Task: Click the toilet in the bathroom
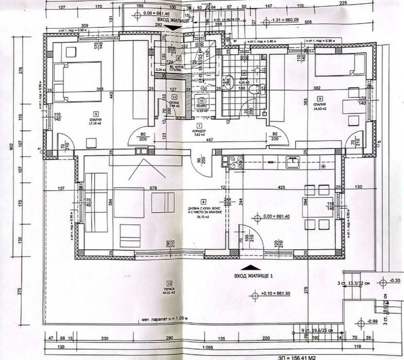point(253,91)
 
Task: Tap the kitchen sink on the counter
point(293,163)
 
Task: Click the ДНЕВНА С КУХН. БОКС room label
point(205,209)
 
